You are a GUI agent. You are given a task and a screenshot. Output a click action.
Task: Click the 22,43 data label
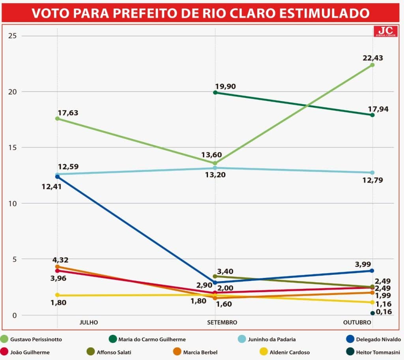(372, 58)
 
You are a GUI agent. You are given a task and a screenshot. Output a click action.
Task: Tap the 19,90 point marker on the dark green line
(215, 92)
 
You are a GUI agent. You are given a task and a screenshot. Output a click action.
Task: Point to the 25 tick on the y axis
(14, 36)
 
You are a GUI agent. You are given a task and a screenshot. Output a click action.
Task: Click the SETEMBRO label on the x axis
(222, 322)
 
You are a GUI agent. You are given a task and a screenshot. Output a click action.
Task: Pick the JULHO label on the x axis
(88, 322)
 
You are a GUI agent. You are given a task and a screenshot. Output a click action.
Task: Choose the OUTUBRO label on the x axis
(357, 322)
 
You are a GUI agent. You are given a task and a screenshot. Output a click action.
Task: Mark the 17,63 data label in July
(68, 113)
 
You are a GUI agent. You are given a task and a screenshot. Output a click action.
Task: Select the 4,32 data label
(60, 260)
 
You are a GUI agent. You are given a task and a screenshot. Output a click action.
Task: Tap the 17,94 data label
(378, 109)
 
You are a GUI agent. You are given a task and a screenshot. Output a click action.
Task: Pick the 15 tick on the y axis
(14, 148)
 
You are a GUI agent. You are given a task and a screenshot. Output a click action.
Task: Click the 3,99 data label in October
(363, 264)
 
